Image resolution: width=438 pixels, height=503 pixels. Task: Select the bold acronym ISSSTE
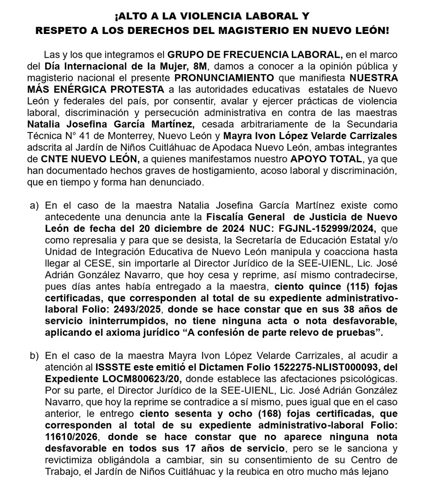pyautogui.click(x=111, y=368)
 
